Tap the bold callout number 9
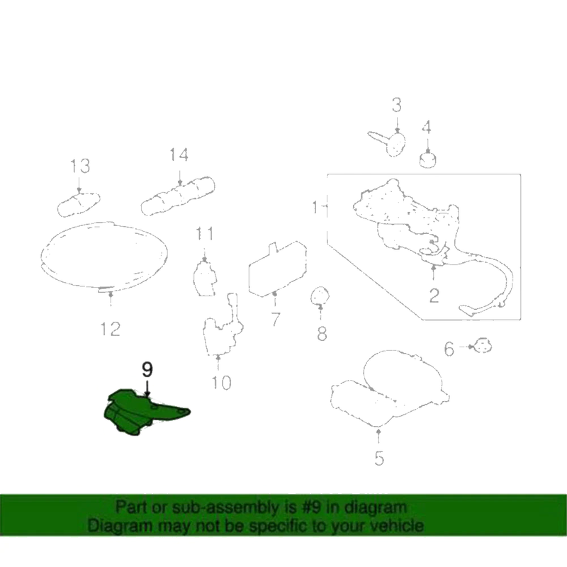[147, 369]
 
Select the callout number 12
[111, 329]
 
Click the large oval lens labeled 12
[104, 255]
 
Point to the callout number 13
[80, 166]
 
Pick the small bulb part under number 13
[79, 204]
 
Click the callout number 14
[179, 155]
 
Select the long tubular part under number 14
[178, 196]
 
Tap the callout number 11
[205, 234]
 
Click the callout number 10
[221, 382]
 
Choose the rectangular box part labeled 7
[278, 269]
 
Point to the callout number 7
[275, 320]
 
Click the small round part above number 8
[320, 296]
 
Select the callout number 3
[397, 105]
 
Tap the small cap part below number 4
[428, 160]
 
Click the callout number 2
[434, 296]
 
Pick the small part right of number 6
[483, 346]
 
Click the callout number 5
[379, 459]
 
